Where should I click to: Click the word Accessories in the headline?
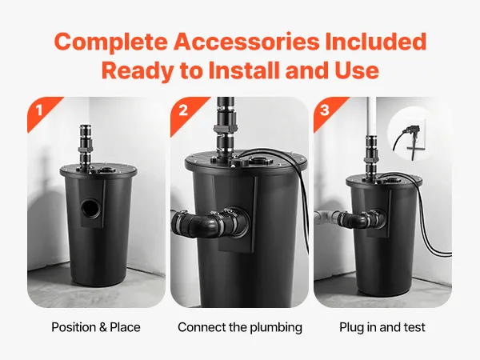point(246,42)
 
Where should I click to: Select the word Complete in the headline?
point(111,42)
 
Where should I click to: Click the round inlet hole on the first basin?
point(90,209)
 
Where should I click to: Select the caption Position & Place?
point(96,327)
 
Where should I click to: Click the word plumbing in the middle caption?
point(276,327)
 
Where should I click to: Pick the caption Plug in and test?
point(382,327)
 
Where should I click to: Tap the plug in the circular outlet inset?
point(410,131)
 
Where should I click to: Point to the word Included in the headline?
point(376,42)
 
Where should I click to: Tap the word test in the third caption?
point(414,327)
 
